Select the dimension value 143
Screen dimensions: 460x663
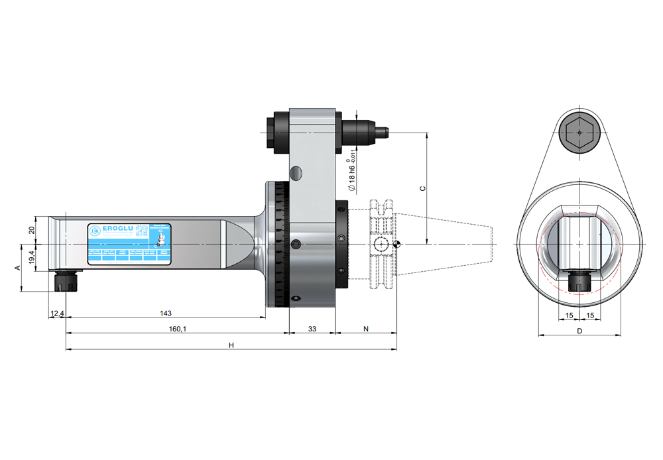pyautogui.click(x=166, y=313)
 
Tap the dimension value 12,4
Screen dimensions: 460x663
pyautogui.click(x=56, y=313)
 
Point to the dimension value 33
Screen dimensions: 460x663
pyautogui.click(x=312, y=329)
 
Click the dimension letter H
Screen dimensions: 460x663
pyautogui.click(x=231, y=345)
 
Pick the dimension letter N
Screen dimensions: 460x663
pyautogui.click(x=366, y=329)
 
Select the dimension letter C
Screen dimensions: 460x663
pyautogui.click(x=422, y=188)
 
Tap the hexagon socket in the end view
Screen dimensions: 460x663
pyautogui.click(x=579, y=133)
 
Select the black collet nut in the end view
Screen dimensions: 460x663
pyautogui.click(x=579, y=281)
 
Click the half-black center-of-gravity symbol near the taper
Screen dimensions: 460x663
pyautogui.click(x=396, y=245)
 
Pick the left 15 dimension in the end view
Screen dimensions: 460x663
pyautogui.click(x=569, y=315)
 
